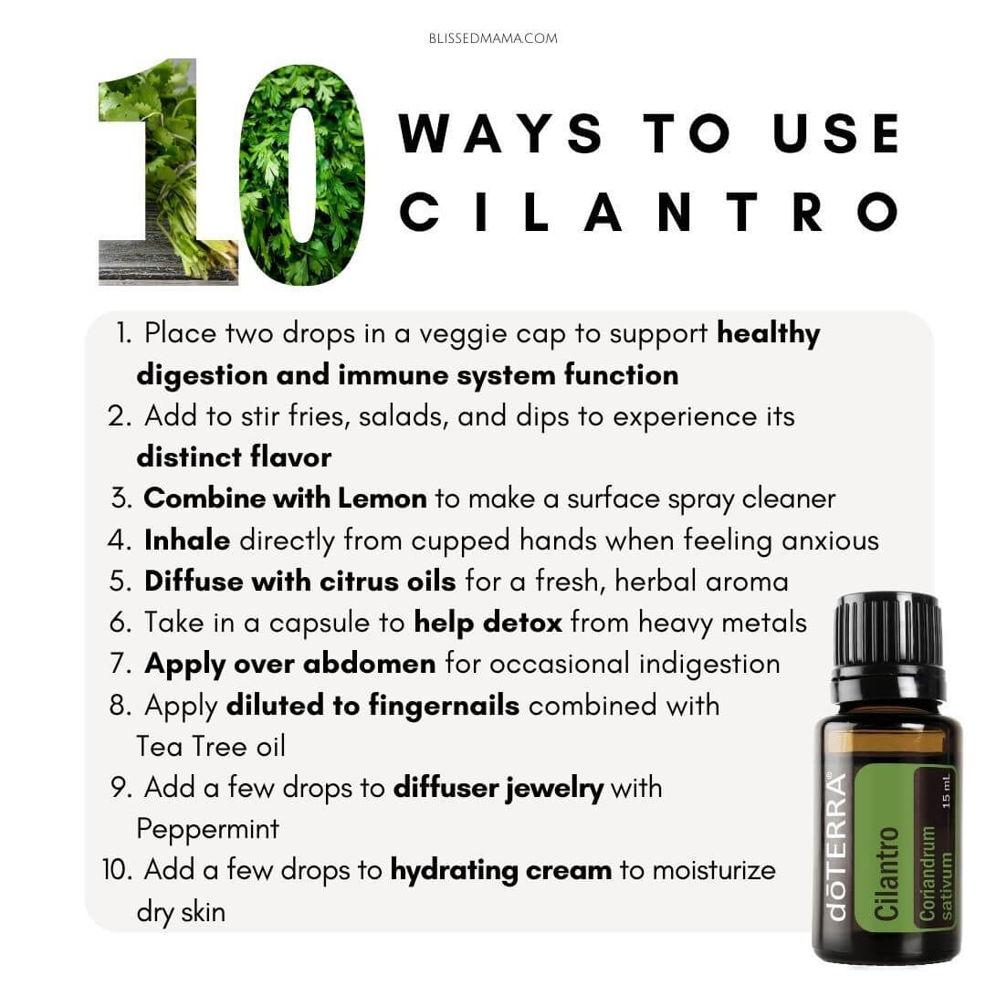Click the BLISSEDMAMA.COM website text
(493, 38)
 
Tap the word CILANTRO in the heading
(648, 212)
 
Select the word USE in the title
(836, 133)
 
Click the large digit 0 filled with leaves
(302, 174)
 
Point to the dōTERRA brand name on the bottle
(837, 846)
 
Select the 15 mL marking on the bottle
(946, 791)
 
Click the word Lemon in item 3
(383, 498)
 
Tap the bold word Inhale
(187, 540)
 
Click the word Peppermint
(207, 830)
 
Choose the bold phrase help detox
(488, 624)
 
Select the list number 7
(121, 664)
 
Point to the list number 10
(116, 870)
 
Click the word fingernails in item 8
(444, 706)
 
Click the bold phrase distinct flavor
(234, 457)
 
